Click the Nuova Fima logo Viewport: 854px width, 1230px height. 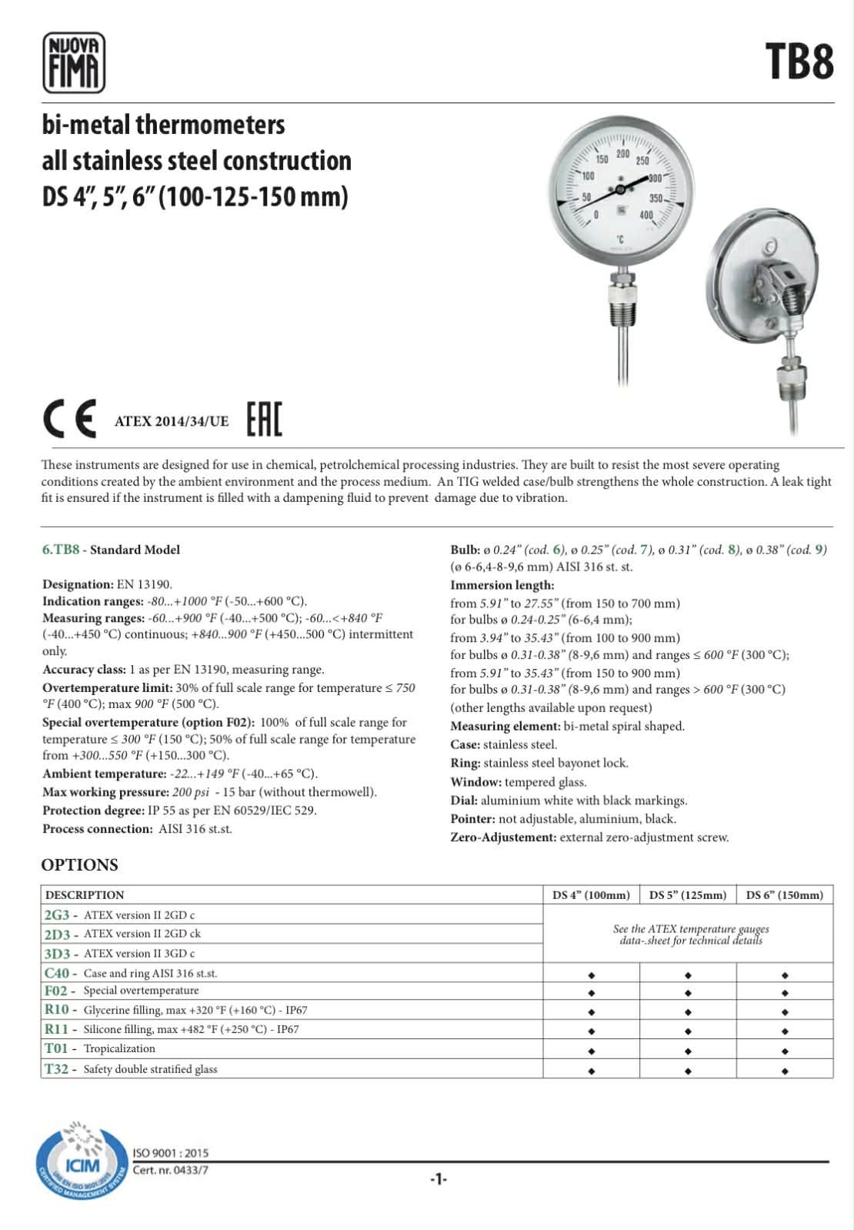(x=73, y=62)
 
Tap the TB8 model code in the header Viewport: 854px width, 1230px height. (x=799, y=62)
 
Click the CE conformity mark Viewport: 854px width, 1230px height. (x=69, y=419)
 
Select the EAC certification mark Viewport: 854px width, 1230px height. (x=264, y=419)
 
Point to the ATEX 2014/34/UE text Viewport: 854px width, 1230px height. (x=171, y=421)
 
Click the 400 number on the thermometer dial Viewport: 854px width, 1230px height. (x=646, y=216)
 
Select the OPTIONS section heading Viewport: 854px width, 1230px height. (x=80, y=864)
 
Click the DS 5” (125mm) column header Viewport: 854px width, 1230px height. (x=687, y=894)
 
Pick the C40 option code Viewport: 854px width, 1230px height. (x=57, y=973)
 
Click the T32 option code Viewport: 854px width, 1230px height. (x=57, y=1068)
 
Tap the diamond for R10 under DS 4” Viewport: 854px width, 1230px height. (x=591, y=1012)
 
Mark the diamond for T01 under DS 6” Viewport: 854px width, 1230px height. (x=785, y=1051)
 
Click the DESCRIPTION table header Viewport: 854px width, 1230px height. (x=85, y=894)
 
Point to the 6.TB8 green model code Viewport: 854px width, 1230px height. (x=61, y=550)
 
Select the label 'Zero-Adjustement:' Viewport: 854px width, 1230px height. (x=502, y=837)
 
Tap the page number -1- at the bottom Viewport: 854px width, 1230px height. (x=438, y=1179)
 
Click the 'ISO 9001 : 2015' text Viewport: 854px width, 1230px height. (x=170, y=1153)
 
